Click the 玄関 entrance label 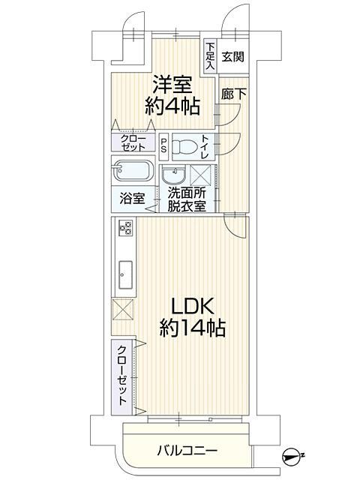pyautogui.click(x=233, y=57)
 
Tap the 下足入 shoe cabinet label pyautogui.click(x=210, y=56)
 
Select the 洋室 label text pyautogui.click(x=172, y=85)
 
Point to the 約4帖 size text pyautogui.click(x=172, y=106)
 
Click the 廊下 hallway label pyautogui.click(x=234, y=94)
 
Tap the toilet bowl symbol pyautogui.click(x=184, y=147)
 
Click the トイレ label pyautogui.click(x=205, y=147)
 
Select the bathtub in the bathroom pyautogui.click(x=133, y=170)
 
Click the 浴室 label pyautogui.click(x=132, y=199)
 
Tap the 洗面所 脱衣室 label pyautogui.click(x=187, y=200)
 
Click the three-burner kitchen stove pyautogui.click(x=126, y=227)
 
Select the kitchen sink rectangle pyautogui.click(x=125, y=274)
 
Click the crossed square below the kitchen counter pyautogui.click(x=123, y=310)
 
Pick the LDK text pyautogui.click(x=192, y=306)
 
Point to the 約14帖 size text pyautogui.click(x=192, y=328)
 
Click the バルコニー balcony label pyautogui.click(x=187, y=451)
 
